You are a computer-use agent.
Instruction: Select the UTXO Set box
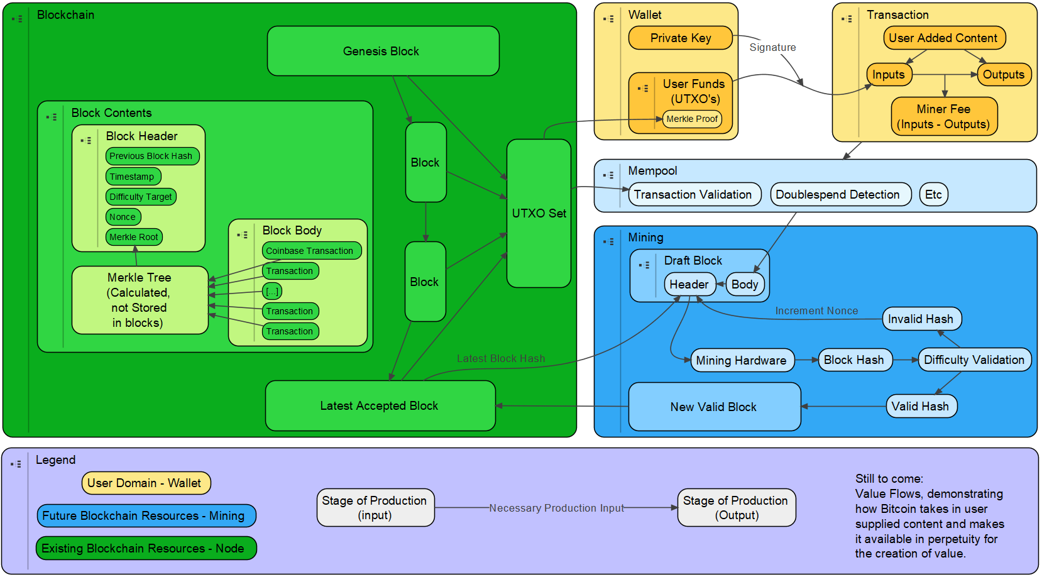539,213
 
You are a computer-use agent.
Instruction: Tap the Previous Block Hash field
151,156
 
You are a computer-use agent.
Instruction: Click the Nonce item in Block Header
123,217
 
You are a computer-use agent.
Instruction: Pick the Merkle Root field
134,237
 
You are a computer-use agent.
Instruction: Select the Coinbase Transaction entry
311,251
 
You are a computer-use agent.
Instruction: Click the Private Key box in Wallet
680,38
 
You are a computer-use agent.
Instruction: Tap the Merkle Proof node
692,119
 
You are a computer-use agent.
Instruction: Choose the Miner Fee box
943,116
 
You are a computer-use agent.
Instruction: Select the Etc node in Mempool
933,194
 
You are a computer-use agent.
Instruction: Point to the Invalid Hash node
921,319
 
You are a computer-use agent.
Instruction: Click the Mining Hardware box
742,360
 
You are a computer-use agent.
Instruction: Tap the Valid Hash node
921,406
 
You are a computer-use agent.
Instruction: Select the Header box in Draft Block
689,284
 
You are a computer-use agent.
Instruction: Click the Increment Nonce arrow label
816,310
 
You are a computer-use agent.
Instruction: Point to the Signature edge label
772,47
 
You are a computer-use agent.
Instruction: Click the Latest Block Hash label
501,358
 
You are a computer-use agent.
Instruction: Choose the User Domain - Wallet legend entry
145,483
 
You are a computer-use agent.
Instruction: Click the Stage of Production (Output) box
736,507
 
